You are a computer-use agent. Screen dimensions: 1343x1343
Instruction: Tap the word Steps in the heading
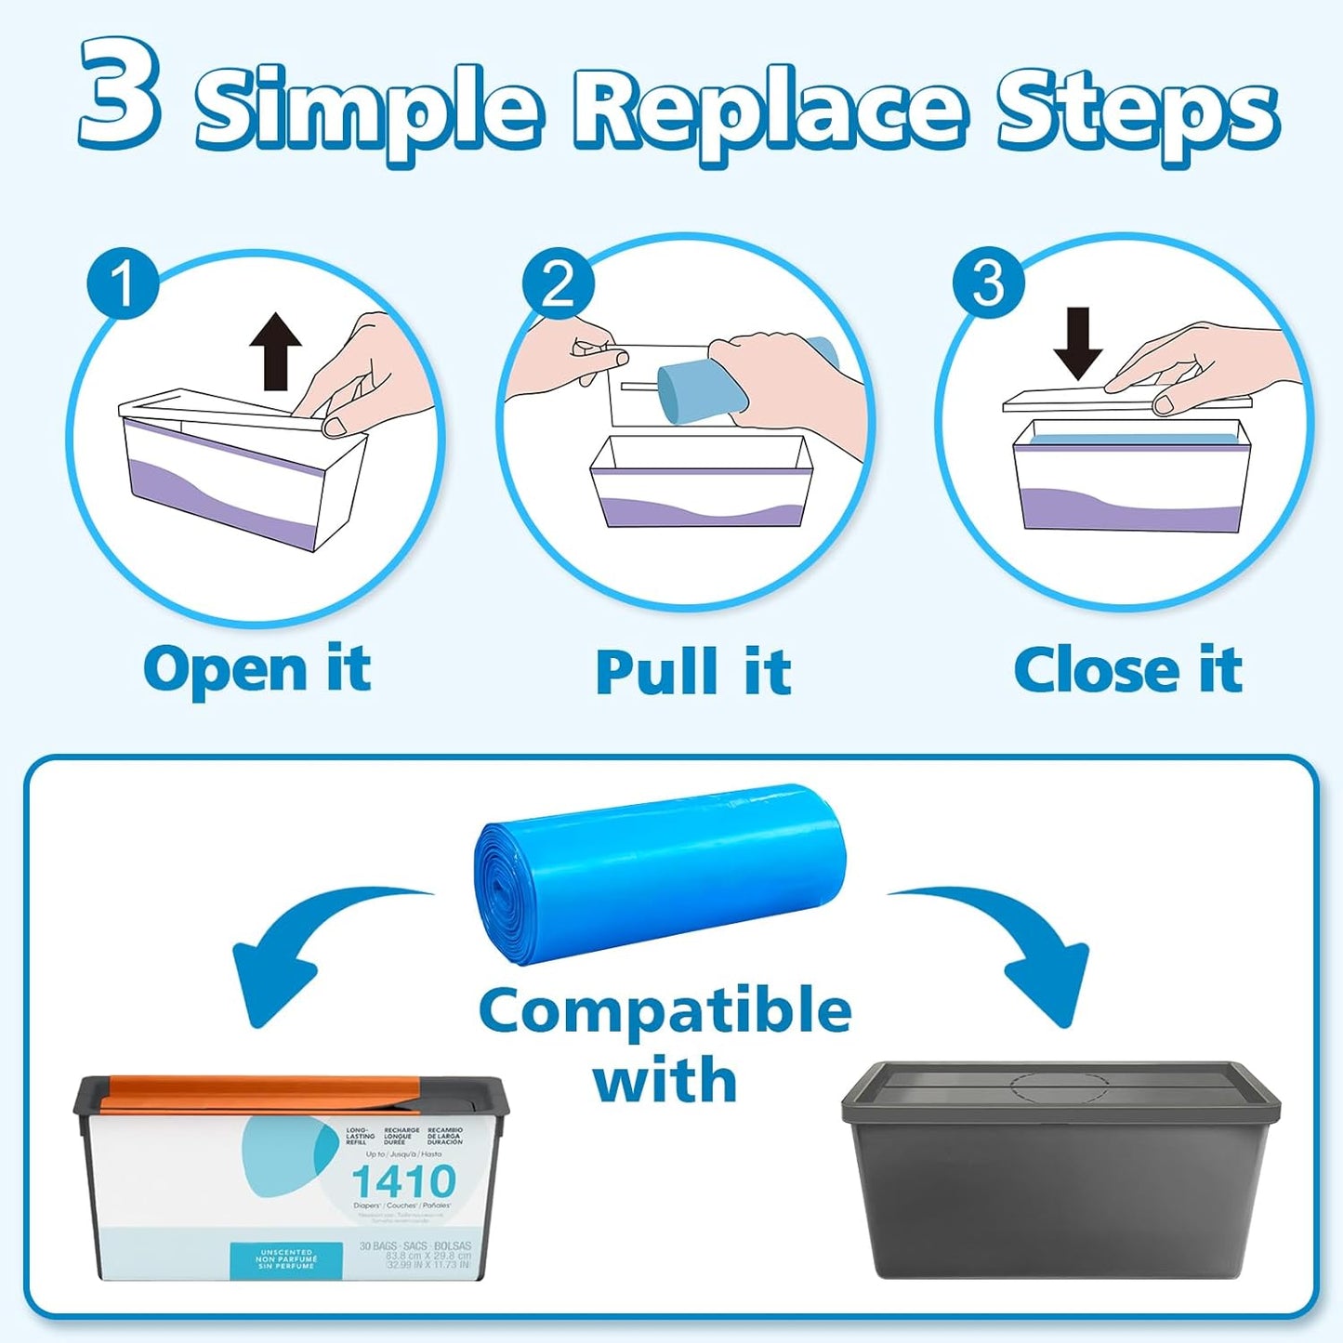click(1137, 112)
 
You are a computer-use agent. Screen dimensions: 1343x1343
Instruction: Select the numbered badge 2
click(557, 283)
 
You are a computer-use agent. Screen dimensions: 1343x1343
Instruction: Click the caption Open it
click(257, 670)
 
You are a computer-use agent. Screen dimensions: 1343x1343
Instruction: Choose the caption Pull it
click(692, 672)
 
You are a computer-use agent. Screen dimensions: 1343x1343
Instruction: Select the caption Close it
click(1127, 670)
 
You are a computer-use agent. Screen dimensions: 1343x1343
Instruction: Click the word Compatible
click(665, 1010)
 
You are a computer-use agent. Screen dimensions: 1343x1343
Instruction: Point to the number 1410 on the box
click(403, 1182)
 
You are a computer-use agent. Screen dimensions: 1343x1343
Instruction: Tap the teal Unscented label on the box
click(286, 1259)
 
